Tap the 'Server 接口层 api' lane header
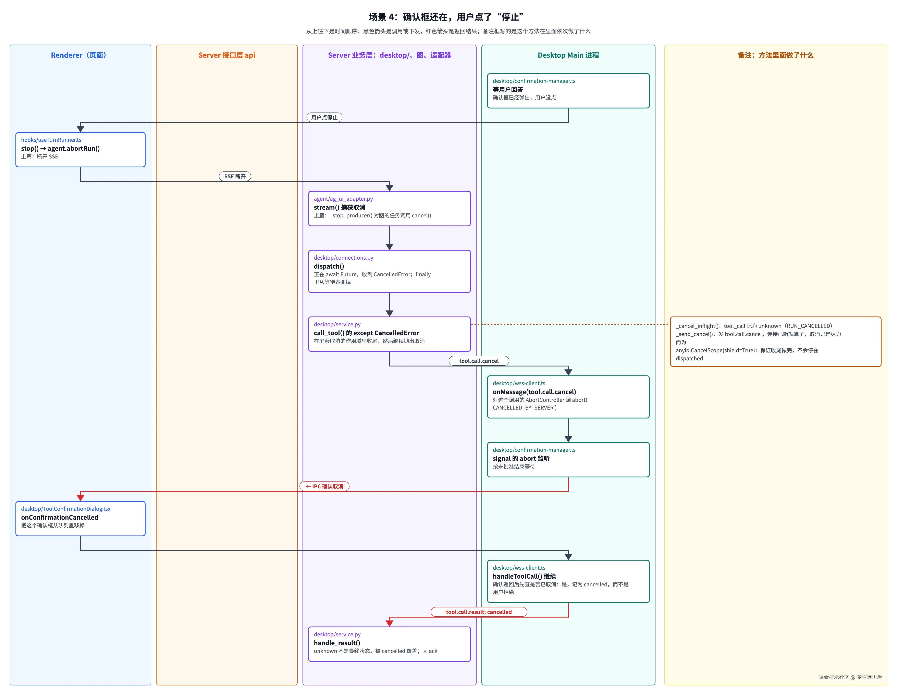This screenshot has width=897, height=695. (x=227, y=55)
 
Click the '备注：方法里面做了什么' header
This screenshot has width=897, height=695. (x=775, y=55)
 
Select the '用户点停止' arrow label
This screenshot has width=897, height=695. (x=324, y=117)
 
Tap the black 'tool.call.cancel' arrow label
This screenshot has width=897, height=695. (x=479, y=361)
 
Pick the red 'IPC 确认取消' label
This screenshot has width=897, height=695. (x=324, y=486)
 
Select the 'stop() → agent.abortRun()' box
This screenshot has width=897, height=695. (x=81, y=150)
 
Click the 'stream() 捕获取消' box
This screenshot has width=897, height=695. (x=389, y=209)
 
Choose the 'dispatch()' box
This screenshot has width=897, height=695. (x=389, y=271)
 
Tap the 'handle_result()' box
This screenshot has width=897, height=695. (x=389, y=644)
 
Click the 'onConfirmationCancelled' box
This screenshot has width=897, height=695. (x=81, y=518)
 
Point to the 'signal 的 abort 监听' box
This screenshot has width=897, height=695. (x=568, y=460)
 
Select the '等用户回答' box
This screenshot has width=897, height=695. (x=568, y=91)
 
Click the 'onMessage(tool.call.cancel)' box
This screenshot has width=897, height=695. (x=568, y=397)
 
